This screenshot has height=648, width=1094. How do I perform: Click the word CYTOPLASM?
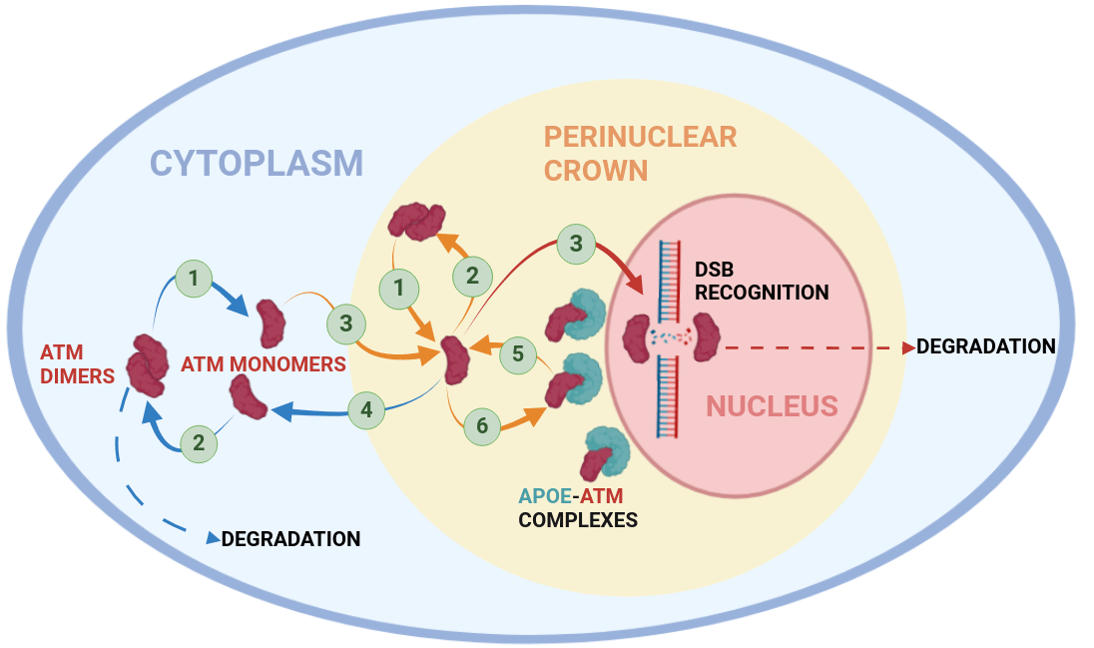[x=257, y=163]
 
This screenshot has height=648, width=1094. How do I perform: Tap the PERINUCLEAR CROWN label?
[x=640, y=152]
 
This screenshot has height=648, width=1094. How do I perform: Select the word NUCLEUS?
[x=772, y=406]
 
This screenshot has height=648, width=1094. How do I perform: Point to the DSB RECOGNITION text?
[x=762, y=281]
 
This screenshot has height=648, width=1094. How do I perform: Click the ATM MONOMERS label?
[x=264, y=364]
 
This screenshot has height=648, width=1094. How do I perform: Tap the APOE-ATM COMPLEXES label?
[x=579, y=507]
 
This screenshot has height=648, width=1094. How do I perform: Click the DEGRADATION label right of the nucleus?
[x=985, y=347]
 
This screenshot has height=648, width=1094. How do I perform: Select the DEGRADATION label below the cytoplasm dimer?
[x=290, y=539]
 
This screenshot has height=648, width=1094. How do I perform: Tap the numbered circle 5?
[x=518, y=352]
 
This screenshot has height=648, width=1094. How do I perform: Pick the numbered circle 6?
[x=483, y=426]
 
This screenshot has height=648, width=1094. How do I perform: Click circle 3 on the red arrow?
[x=576, y=243]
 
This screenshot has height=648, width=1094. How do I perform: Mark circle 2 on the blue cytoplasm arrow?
[x=199, y=443]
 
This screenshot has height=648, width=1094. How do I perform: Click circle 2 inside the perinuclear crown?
[x=473, y=275]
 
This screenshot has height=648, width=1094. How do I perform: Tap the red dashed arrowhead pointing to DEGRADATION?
[x=908, y=347]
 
